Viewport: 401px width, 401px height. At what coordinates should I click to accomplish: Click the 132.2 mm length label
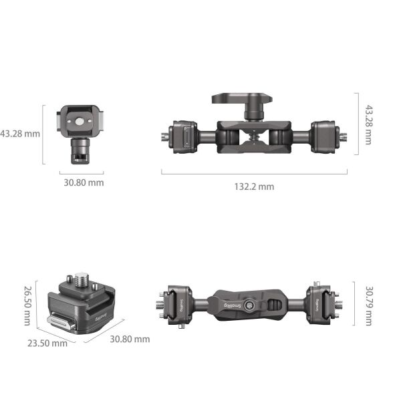(253, 186)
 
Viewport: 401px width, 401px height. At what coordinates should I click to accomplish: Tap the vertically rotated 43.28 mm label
(368, 124)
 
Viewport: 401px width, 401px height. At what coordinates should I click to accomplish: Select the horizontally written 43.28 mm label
(20, 133)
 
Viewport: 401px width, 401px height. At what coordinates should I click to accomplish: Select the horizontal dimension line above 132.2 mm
(254, 174)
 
